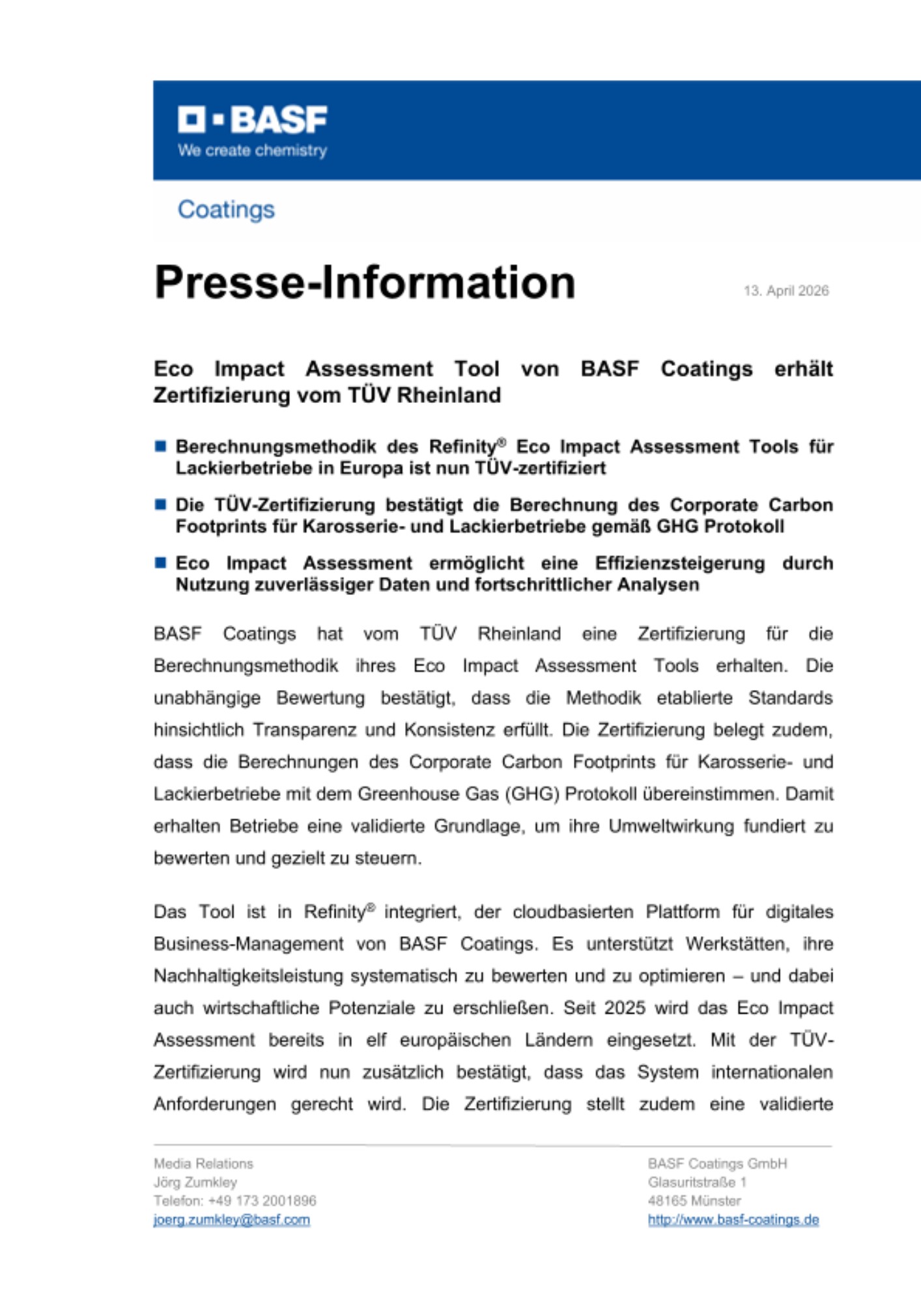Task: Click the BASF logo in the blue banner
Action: click(x=253, y=120)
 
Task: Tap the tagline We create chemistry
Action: click(x=253, y=150)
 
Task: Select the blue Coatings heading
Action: click(x=226, y=210)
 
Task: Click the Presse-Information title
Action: click(x=365, y=283)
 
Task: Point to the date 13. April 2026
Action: click(x=786, y=291)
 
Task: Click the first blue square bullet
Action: click(x=160, y=446)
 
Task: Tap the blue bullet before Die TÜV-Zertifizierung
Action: click(x=160, y=505)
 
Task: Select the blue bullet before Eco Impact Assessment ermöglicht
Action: click(x=160, y=562)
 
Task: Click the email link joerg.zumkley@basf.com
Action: click(x=232, y=1219)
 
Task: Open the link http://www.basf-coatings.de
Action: click(x=733, y=1219)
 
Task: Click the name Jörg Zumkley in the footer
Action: click(x=195, y=1182)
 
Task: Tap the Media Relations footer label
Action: click(x=203, y=1163)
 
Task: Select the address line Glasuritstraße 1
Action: click(x=697, y=1182)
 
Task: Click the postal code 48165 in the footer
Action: click(x=667, y=1200)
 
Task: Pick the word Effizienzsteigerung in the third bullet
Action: click(x=679, y=563)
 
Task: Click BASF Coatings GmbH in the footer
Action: click(x=717, y=1163)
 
